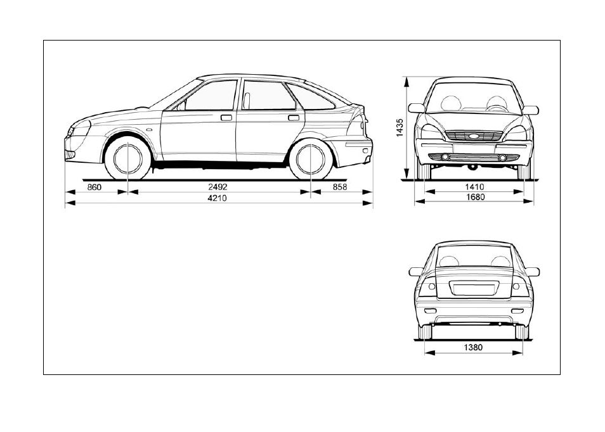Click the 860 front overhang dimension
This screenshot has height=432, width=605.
pos(94,187)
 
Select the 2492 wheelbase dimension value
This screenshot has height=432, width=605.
pos(218,187)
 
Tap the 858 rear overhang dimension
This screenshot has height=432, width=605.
pos(339,187)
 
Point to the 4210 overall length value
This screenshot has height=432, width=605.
pos(218,198)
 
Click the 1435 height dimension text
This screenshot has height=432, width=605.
pos(400,127)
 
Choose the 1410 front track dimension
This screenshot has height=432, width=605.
pos(474,187)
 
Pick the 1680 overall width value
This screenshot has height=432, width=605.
pos(476,197)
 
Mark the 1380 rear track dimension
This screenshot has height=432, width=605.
pos(473,348)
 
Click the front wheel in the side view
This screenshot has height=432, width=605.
pos(127,158)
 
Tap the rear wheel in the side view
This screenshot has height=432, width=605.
pos(311,158)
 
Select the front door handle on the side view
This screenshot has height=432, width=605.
pos(226,118)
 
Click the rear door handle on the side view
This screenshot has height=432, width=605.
pos(293,118)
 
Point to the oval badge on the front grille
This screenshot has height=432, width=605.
pos(474,136)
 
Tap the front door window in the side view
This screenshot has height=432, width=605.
pos(209,95)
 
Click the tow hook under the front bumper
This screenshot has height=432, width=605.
pos(471,167)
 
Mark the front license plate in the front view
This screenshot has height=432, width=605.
pos(474,148)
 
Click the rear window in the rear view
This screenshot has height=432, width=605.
pos(474,257)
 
